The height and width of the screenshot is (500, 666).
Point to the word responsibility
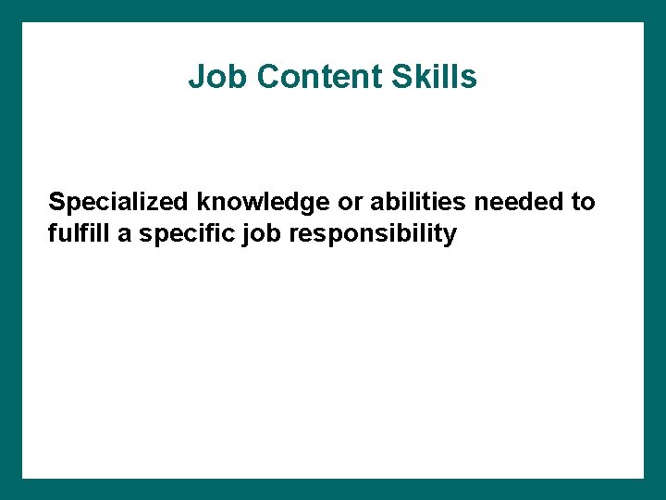373,233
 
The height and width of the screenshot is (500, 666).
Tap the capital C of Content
268,77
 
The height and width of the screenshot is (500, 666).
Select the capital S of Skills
400,77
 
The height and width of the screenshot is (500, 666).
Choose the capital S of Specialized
57,202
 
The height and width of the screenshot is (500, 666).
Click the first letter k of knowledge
203,202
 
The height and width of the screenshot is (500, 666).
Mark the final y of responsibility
450,235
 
